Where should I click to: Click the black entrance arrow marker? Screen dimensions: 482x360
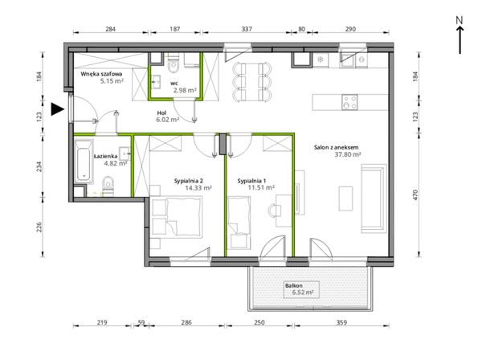[57, 109]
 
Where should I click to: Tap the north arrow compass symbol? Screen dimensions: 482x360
[460, 35]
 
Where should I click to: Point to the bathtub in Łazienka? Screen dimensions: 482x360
[84, 161]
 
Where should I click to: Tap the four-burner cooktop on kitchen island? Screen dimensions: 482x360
[349, 102]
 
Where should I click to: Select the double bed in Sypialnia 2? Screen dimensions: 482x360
[177, 217]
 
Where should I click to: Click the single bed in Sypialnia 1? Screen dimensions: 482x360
[239, 223]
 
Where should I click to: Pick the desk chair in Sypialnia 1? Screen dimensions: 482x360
[274, 211]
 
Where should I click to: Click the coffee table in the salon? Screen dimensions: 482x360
[345, 198]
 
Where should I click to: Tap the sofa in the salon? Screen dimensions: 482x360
[374, 198]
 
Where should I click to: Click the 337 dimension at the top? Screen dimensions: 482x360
[247, 29]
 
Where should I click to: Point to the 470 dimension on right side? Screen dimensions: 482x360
[415, 195]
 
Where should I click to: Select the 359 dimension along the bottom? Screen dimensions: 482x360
[341, 322]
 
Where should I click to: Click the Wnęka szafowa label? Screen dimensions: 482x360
[101, 74]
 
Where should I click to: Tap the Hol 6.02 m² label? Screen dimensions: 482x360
[168, 117]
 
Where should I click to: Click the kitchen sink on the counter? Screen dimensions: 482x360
[348, 60]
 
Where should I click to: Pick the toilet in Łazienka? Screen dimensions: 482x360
[108, 186]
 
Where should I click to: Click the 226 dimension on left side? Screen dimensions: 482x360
[39, 227]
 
